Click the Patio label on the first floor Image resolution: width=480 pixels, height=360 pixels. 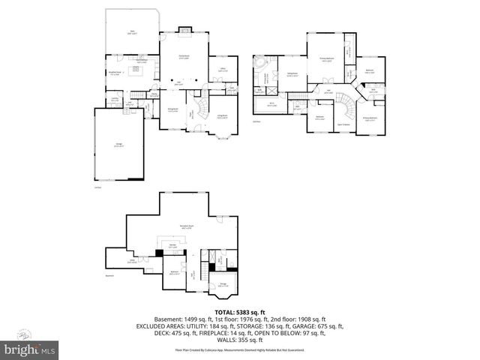[x=132, y=32]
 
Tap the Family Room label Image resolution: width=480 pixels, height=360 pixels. [x=184, y=58]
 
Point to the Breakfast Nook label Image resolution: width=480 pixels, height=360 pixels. [x=115, y=73]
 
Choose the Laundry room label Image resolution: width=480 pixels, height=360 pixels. [x=115, y=99]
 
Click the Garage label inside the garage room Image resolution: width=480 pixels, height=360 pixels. [x=118, y=145]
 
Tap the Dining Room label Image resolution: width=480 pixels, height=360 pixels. [x=173, y=111]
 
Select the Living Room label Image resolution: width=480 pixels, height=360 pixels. [x=223, y=115]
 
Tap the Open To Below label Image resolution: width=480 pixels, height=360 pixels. [x=346, y=124]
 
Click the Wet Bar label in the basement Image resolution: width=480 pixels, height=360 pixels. [x=172, y=244]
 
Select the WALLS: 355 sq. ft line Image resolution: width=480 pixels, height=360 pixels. [x=240, y=340]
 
